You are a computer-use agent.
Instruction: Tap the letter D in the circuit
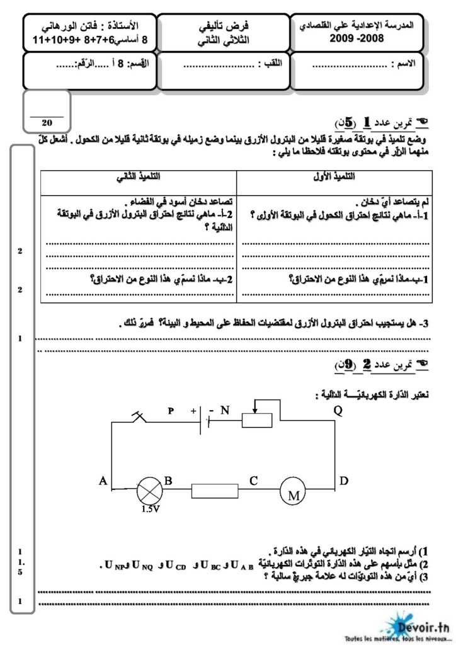[x=343, y=481]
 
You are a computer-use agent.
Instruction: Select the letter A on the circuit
[x=103, y=481]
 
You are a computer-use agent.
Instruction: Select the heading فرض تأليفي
[x=220, y=26]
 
